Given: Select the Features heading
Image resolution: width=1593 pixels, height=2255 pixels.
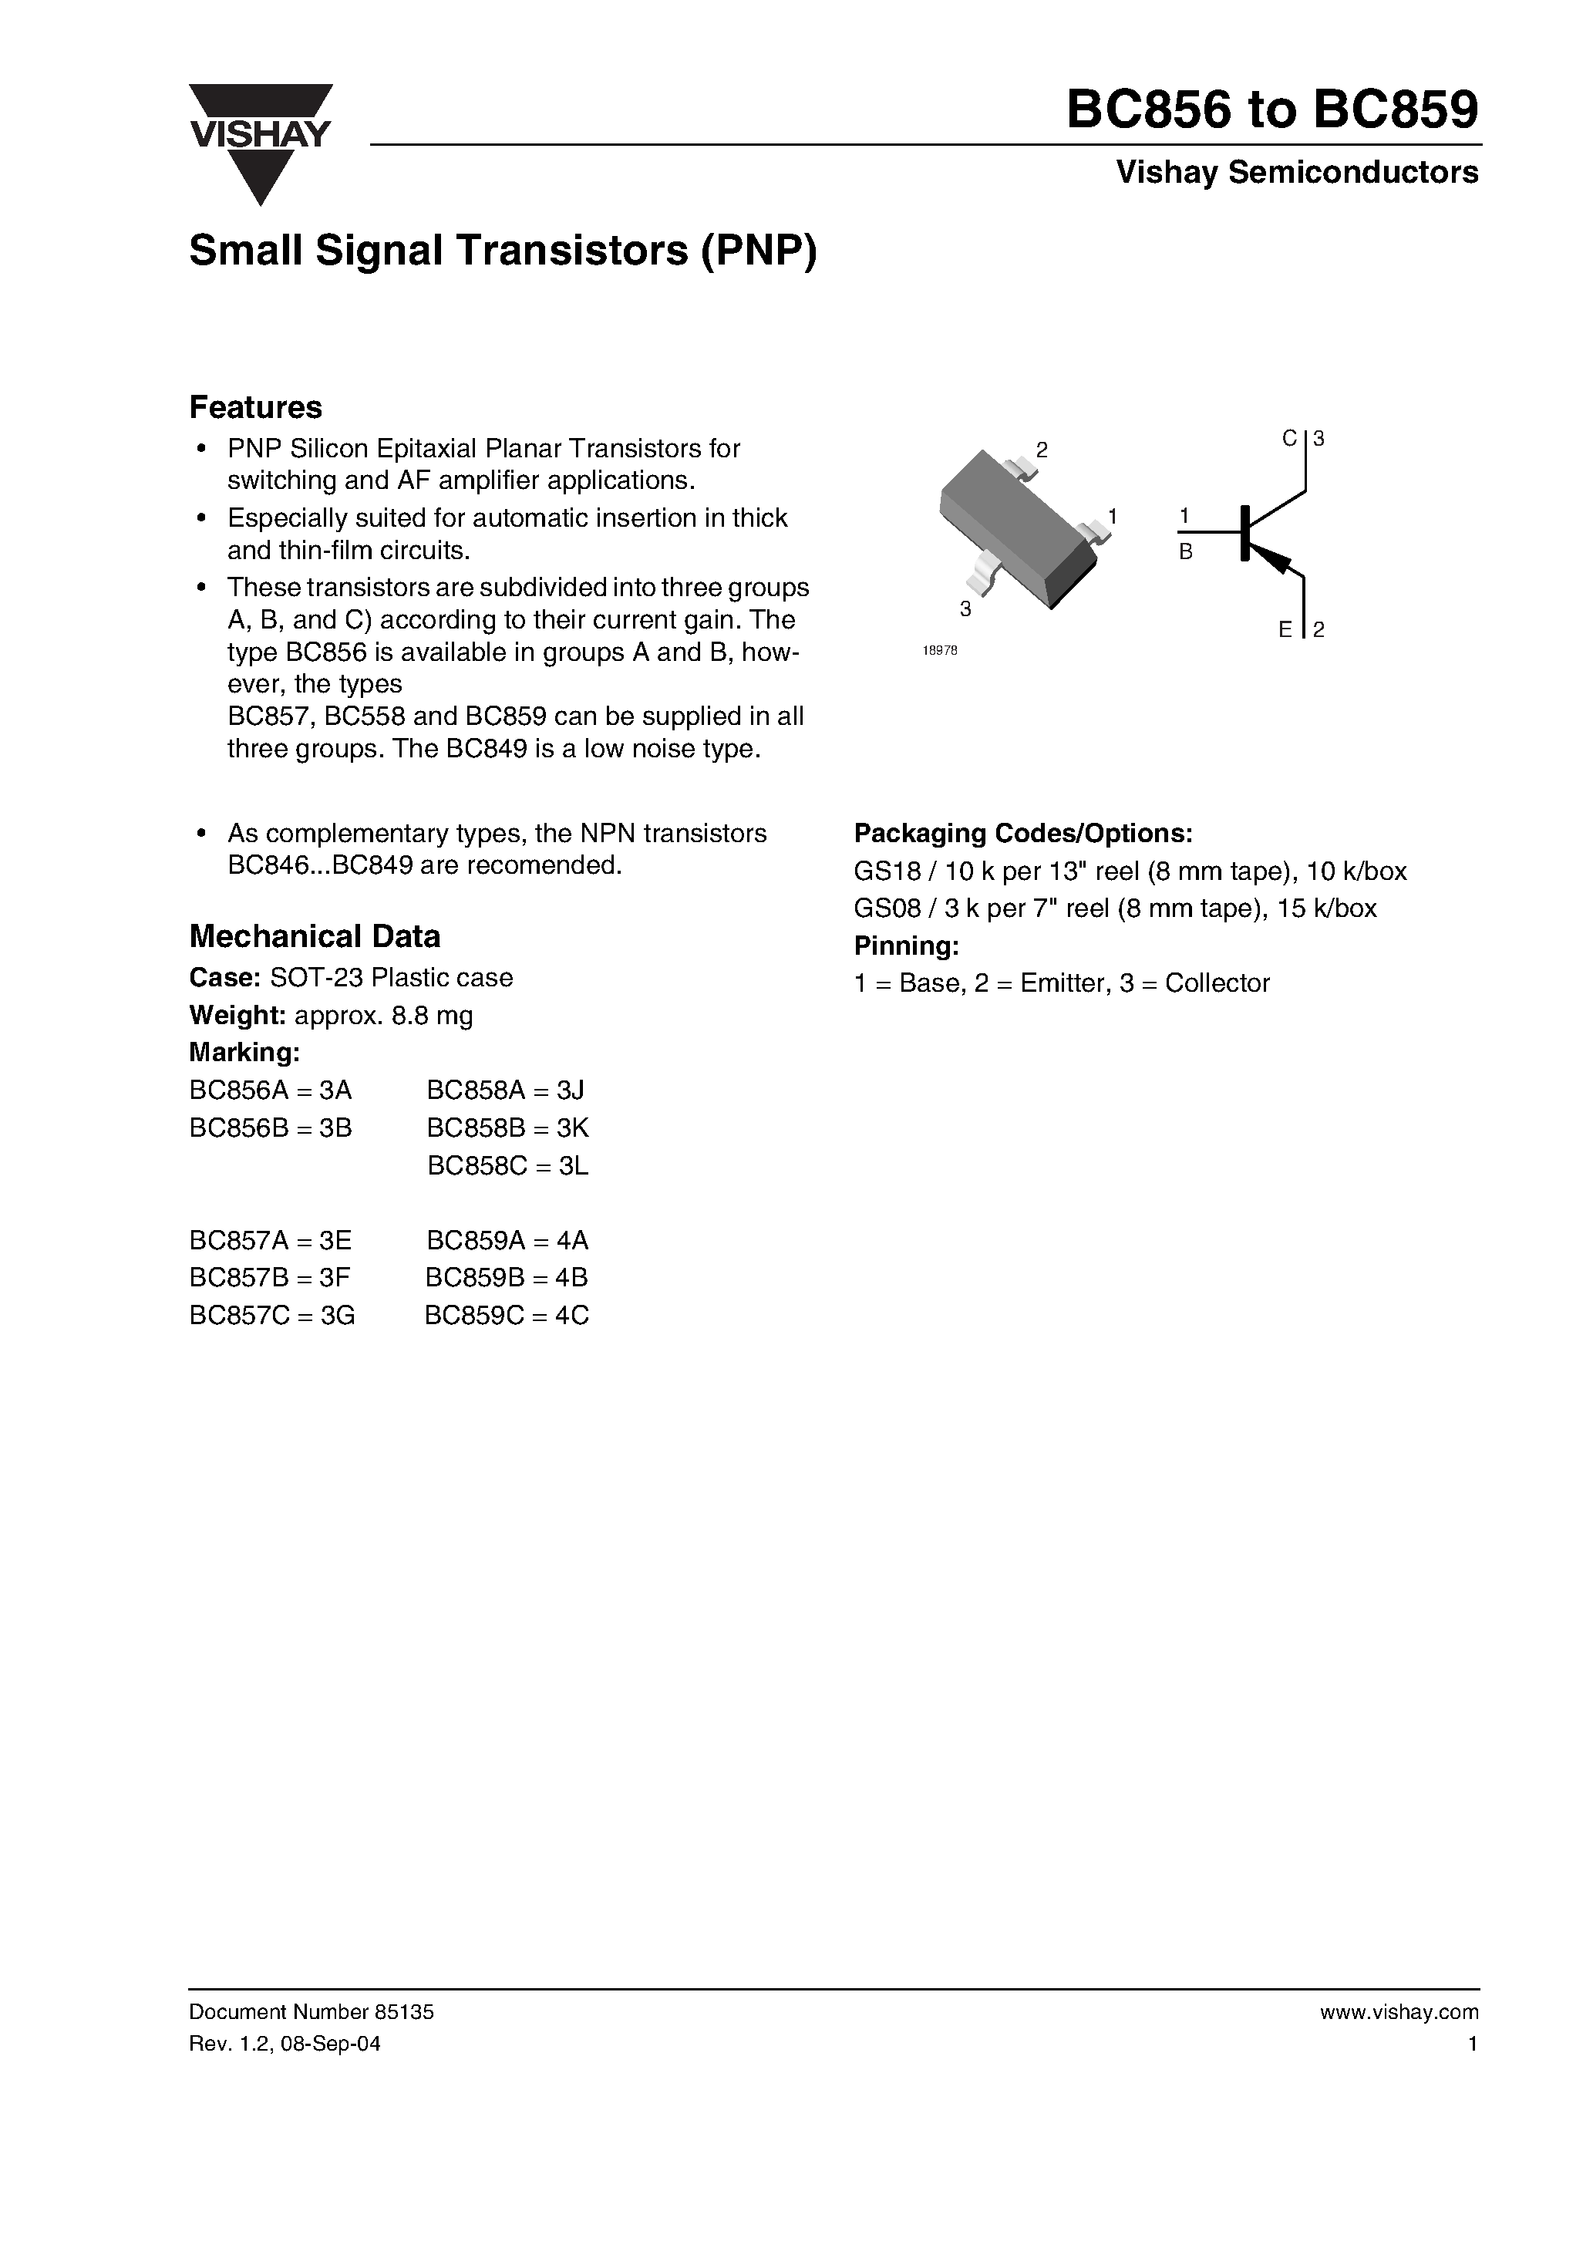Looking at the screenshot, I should coord(255,406).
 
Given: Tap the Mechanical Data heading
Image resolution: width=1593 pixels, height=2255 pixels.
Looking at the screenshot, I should coord(315,936).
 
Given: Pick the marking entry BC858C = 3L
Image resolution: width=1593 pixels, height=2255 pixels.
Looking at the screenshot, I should coord(508,1166).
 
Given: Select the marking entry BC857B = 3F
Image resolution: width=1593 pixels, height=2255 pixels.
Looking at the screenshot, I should coord(270,1278).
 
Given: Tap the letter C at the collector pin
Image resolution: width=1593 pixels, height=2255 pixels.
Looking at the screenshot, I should coord(1289,439).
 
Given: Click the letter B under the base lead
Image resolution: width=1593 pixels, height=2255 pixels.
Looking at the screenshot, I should coord(1185,553).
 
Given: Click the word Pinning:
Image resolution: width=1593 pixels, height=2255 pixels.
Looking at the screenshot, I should coord(905,945).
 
